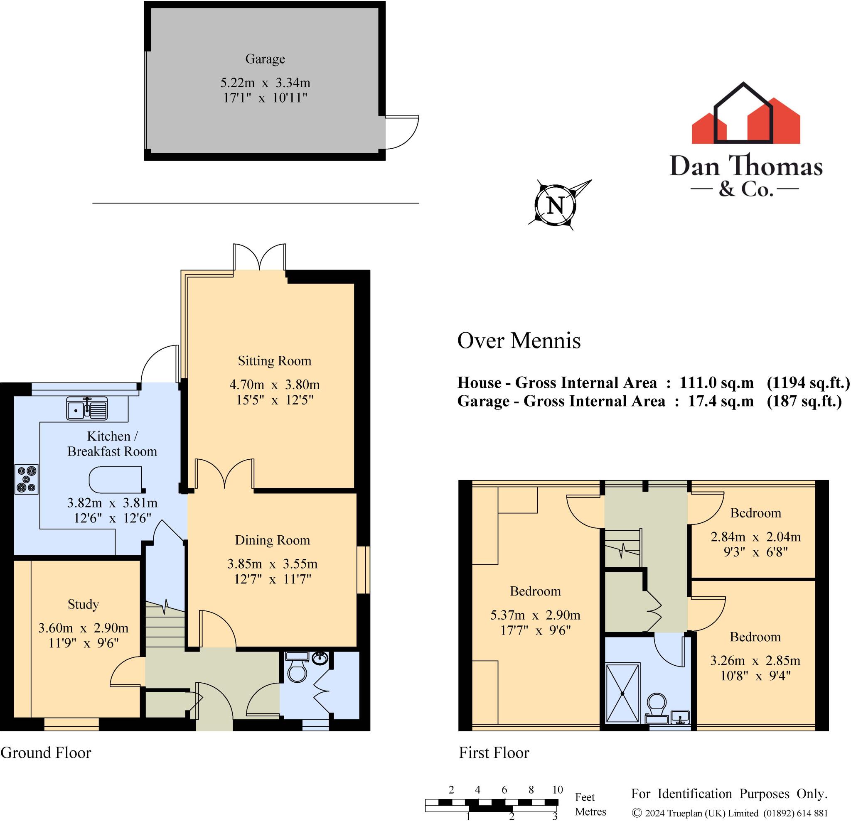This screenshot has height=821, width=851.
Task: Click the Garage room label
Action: click(x=265, y=59)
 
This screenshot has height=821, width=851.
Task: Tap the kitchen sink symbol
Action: click(x=87, y=408)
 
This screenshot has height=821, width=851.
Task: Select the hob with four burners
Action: click(x=27, y=479)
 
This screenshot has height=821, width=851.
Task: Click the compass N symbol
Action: click(x=555, y=205)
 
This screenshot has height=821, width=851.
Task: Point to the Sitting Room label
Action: click(x=274, y=360)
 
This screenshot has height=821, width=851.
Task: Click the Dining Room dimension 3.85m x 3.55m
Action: click(x=272, y=564)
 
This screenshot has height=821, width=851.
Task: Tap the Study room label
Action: click(x=83, y=604)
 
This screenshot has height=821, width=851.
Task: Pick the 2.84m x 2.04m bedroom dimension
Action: click(x=755, y=537)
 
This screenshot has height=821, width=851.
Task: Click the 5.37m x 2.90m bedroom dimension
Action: click(x=535, y=615)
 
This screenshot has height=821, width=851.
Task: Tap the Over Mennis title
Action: click(x=519, y=341)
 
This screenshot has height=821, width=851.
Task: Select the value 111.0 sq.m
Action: click(x=716, y=383)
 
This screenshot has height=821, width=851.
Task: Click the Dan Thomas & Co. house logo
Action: click(x=745, y=115)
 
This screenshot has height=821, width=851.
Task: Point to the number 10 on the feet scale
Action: click(x=558, y=789)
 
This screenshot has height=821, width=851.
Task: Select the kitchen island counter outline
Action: click(x=116, y=480)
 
